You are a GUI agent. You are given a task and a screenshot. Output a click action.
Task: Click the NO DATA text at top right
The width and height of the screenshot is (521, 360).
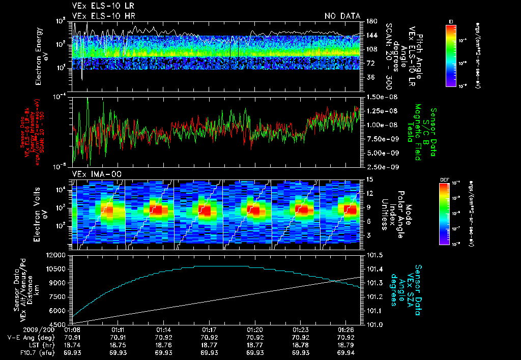coord(342,16)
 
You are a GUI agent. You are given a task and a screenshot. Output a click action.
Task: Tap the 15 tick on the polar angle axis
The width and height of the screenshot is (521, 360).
coord(369,179)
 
